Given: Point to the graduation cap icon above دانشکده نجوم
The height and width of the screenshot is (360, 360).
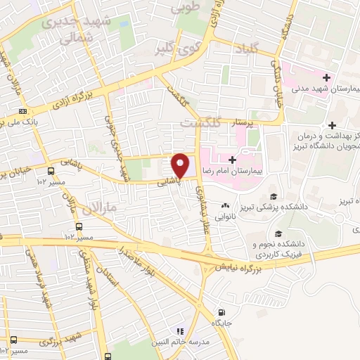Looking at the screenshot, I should click(x=280, y=233).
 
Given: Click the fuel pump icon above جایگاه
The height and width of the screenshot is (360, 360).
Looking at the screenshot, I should click(x=223, y=311).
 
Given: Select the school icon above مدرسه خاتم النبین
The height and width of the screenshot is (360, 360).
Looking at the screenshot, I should click(x=180, y=330).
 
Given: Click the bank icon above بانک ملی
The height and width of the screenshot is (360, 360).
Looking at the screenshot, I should click(x=24, y=111).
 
